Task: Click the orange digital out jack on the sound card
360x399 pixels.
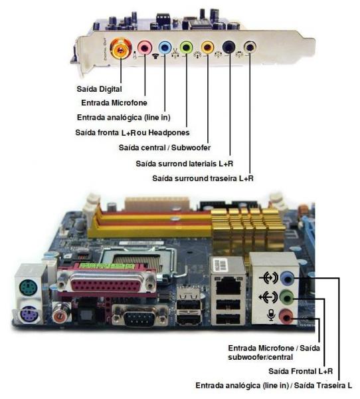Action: pos(121,48)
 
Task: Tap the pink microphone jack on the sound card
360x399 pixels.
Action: pos(145,47)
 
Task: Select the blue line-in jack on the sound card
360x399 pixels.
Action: pos(165,47)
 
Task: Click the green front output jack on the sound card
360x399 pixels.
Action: pos(187,47)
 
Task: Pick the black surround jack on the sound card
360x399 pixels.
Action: pos(228,47)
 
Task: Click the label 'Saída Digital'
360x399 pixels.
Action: pos(99,89)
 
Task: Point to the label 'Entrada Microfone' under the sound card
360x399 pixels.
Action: pos(114,102)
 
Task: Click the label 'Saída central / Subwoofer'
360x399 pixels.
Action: pos(165,148)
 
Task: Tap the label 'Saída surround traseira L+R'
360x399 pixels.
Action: pos(203,178)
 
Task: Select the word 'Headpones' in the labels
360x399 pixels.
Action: pos(169,132)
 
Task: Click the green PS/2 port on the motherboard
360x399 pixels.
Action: pos(28,287)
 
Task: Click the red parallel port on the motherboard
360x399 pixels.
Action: pos(107,281)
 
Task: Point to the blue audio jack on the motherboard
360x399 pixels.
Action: pos(287,279)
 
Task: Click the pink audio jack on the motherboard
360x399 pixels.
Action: pos(286,317)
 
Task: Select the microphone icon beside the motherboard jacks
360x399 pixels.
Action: pos(271,315)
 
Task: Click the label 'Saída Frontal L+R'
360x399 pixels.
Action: pos(300,371)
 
